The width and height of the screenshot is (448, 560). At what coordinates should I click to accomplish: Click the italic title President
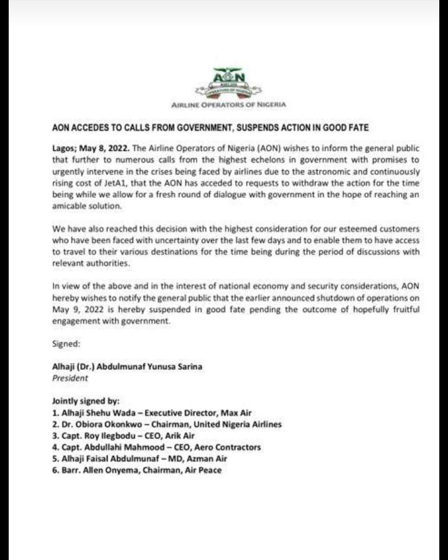click(x=70, y=377)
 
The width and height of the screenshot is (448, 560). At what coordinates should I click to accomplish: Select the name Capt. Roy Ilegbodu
click(x=99, y=436)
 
